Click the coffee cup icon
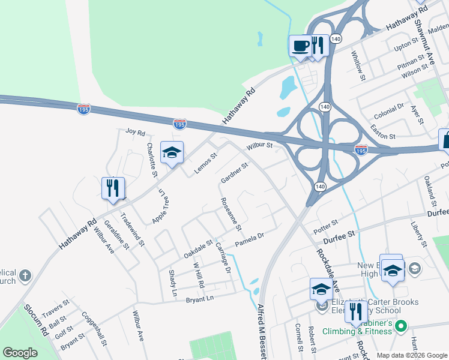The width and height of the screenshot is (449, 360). [x=300, y=45]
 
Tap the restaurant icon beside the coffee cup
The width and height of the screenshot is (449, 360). [x=319, y=44]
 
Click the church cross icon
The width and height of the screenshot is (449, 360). [x=25, y=275]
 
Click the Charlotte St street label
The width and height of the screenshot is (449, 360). [x=152, y=159]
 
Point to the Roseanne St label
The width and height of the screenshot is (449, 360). [x=231, y=214]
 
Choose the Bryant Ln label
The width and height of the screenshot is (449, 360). [x=199, y=298]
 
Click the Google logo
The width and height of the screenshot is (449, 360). [x=20, y=353]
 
